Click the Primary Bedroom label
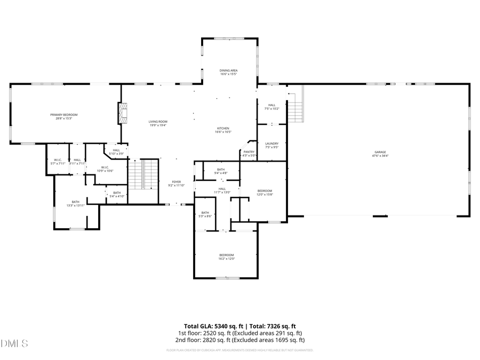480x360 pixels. point(64,115)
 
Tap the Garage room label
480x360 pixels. point(379,152)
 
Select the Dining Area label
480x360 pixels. point(228,70)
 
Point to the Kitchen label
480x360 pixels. point(223,129)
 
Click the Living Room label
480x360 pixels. point(158,122)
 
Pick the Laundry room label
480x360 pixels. point(271,143)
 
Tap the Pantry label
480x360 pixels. point(249,152)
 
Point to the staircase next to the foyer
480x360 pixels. point(143,174)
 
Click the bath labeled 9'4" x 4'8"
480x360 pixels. point(221,171)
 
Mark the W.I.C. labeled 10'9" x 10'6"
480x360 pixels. point(105,169)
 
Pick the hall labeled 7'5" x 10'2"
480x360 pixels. point(271,107)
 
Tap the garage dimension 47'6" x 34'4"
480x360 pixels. point(379,156)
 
